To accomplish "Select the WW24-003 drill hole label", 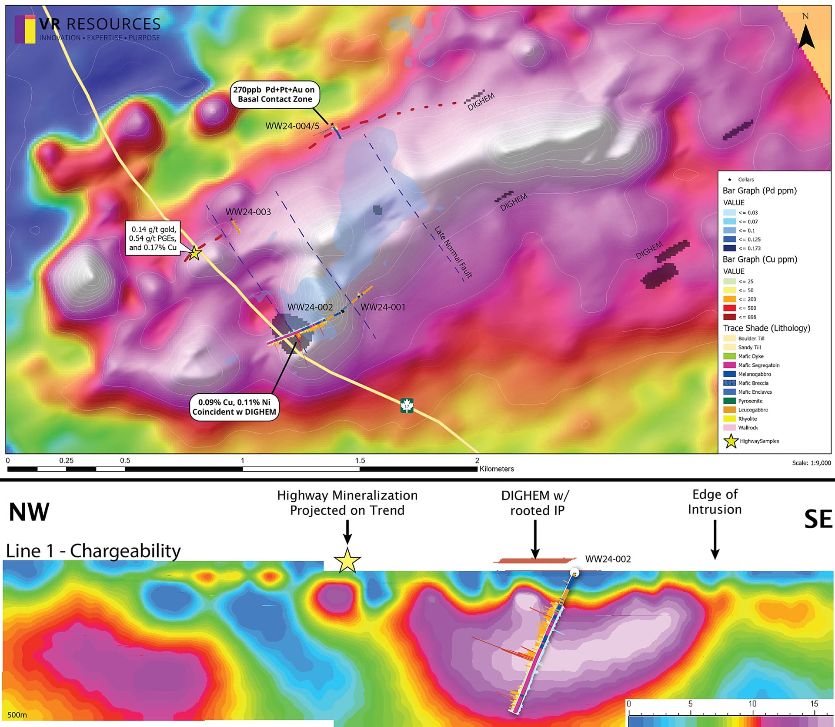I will click(248, 212).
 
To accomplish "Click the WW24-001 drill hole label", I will click(383, 307).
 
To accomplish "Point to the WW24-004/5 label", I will click(292, 126).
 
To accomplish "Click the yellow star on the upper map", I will click(194, 253).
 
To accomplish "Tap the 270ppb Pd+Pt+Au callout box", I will click(274, 94).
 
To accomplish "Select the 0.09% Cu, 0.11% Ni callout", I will click(234, 407).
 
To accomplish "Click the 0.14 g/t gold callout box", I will click(154, 238).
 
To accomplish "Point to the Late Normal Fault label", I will click(453, 252).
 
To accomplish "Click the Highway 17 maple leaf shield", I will click(407, 406).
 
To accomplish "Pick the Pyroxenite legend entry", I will click(750, 401).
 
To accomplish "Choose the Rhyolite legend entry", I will click(747, 419).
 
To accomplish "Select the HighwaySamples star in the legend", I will click(731, 441).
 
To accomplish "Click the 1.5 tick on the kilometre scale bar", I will click(360, 461).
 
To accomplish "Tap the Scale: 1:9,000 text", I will click(811, 463).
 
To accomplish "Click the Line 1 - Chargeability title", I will click(93, 551).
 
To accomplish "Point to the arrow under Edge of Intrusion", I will click(715, 539).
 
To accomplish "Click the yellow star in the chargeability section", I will click(347, 561).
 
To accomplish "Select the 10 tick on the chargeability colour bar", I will click(752, 704).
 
